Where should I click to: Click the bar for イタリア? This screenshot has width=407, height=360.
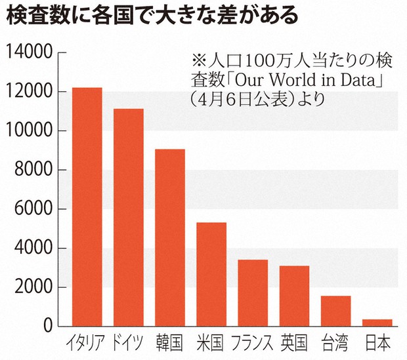pos(87,207)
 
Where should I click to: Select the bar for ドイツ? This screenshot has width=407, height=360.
pos(128,217)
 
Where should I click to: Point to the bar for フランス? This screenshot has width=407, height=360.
pos(252,292)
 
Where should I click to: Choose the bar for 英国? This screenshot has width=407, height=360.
pos(293,296)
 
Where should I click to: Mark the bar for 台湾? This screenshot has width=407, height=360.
pos(335,311)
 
